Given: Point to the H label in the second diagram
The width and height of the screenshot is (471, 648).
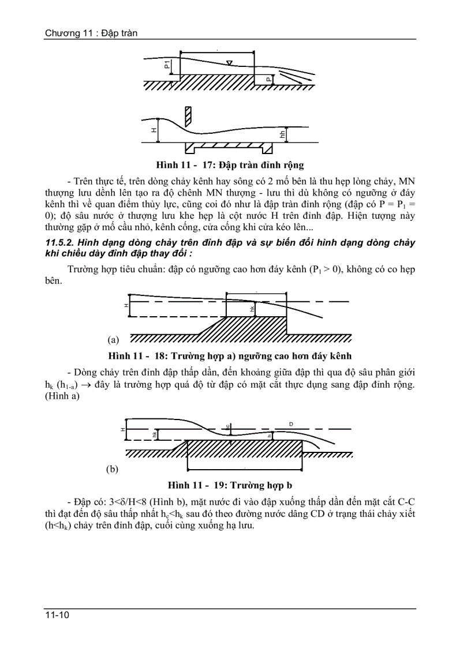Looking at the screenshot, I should coord(154,132).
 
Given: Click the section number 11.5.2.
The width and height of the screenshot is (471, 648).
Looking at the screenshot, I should coord(58,243).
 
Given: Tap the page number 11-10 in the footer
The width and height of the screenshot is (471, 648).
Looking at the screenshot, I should coord(58,616).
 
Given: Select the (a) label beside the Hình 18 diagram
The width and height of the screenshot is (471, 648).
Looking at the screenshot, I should coord(113,340).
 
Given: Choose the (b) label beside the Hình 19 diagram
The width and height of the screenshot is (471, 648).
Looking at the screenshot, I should coord(113,469).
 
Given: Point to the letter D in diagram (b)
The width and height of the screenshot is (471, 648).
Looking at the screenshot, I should coord(291,424).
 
